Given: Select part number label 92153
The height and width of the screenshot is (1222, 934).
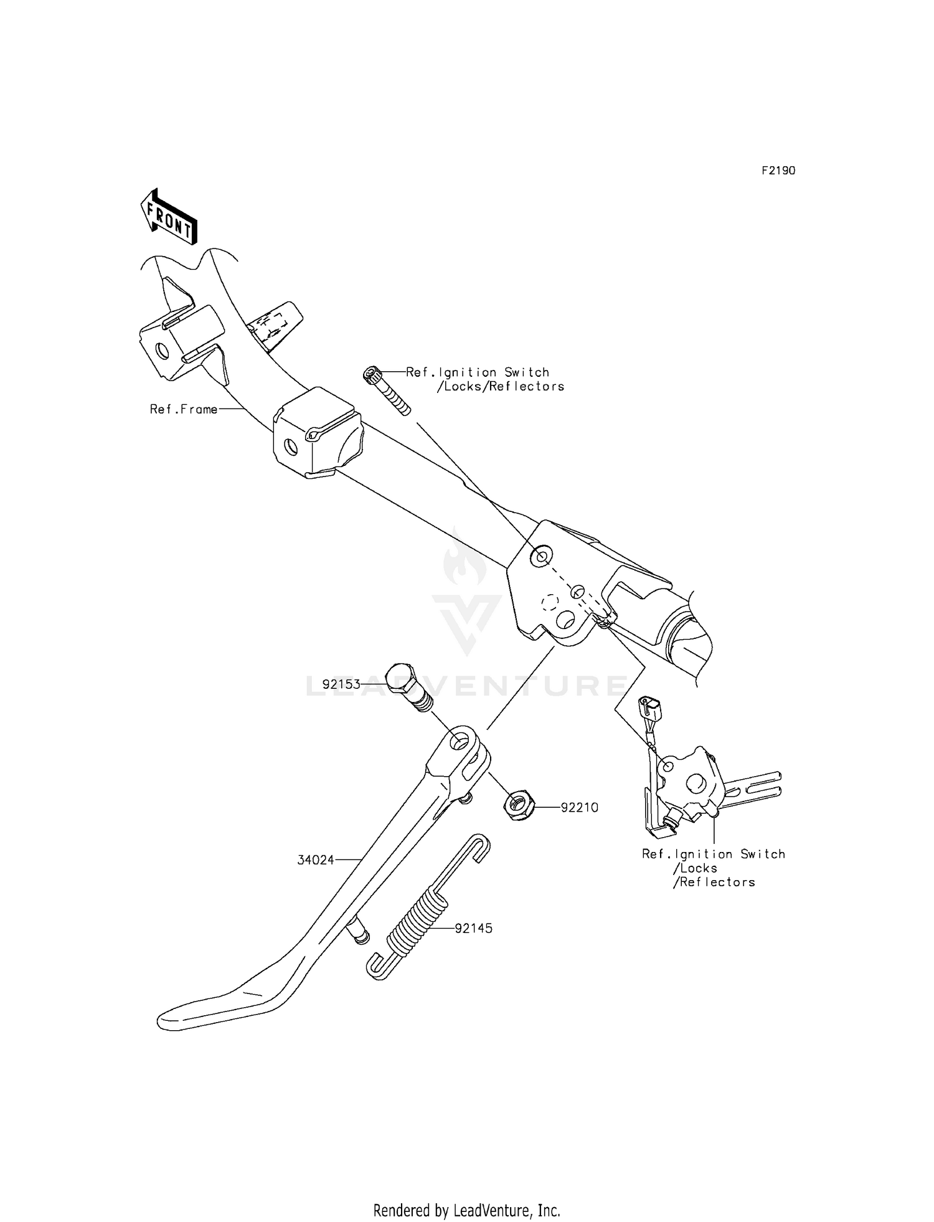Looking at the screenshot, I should pyautogui.click(x=342, y=684).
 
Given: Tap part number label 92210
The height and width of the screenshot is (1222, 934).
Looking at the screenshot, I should pyautogui.click(x=580, y=807).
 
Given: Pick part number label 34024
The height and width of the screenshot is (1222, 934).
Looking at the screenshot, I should pyautogui.click(x=316, y=860).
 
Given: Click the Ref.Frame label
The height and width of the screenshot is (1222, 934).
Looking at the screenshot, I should pyautogui.click(x=184, y=409).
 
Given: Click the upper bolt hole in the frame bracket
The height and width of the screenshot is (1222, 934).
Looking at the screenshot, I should pyautogui.click(x=540, y=556).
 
